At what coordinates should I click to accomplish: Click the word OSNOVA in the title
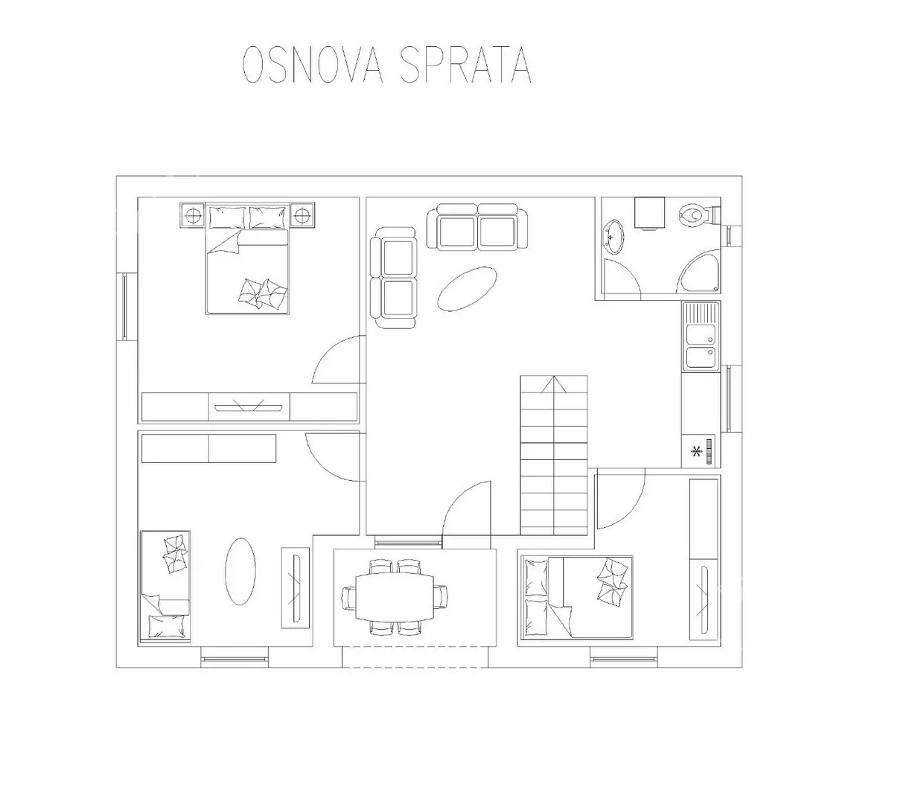tap(313, 64)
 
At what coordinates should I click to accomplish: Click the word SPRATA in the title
tap(465, 64)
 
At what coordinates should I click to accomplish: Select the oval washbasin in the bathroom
tap(613, 236)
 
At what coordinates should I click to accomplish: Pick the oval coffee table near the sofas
tap(467, 289)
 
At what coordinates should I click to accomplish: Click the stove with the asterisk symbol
tap(701, 451)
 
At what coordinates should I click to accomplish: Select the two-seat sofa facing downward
tap(477, 226)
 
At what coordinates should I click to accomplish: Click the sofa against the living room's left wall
tap(393, 278)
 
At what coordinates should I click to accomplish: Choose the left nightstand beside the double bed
tap(194, 215)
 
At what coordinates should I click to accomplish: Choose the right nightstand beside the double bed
tap(302, 215)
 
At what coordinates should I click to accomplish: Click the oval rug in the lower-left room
tap(240, 572)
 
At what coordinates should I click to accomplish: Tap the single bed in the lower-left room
tap(165, 586)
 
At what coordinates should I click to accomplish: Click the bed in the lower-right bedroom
tap(576, 597)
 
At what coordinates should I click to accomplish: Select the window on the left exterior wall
tap(124, 307)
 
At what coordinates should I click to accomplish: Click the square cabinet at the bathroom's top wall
tap(649, 212)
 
